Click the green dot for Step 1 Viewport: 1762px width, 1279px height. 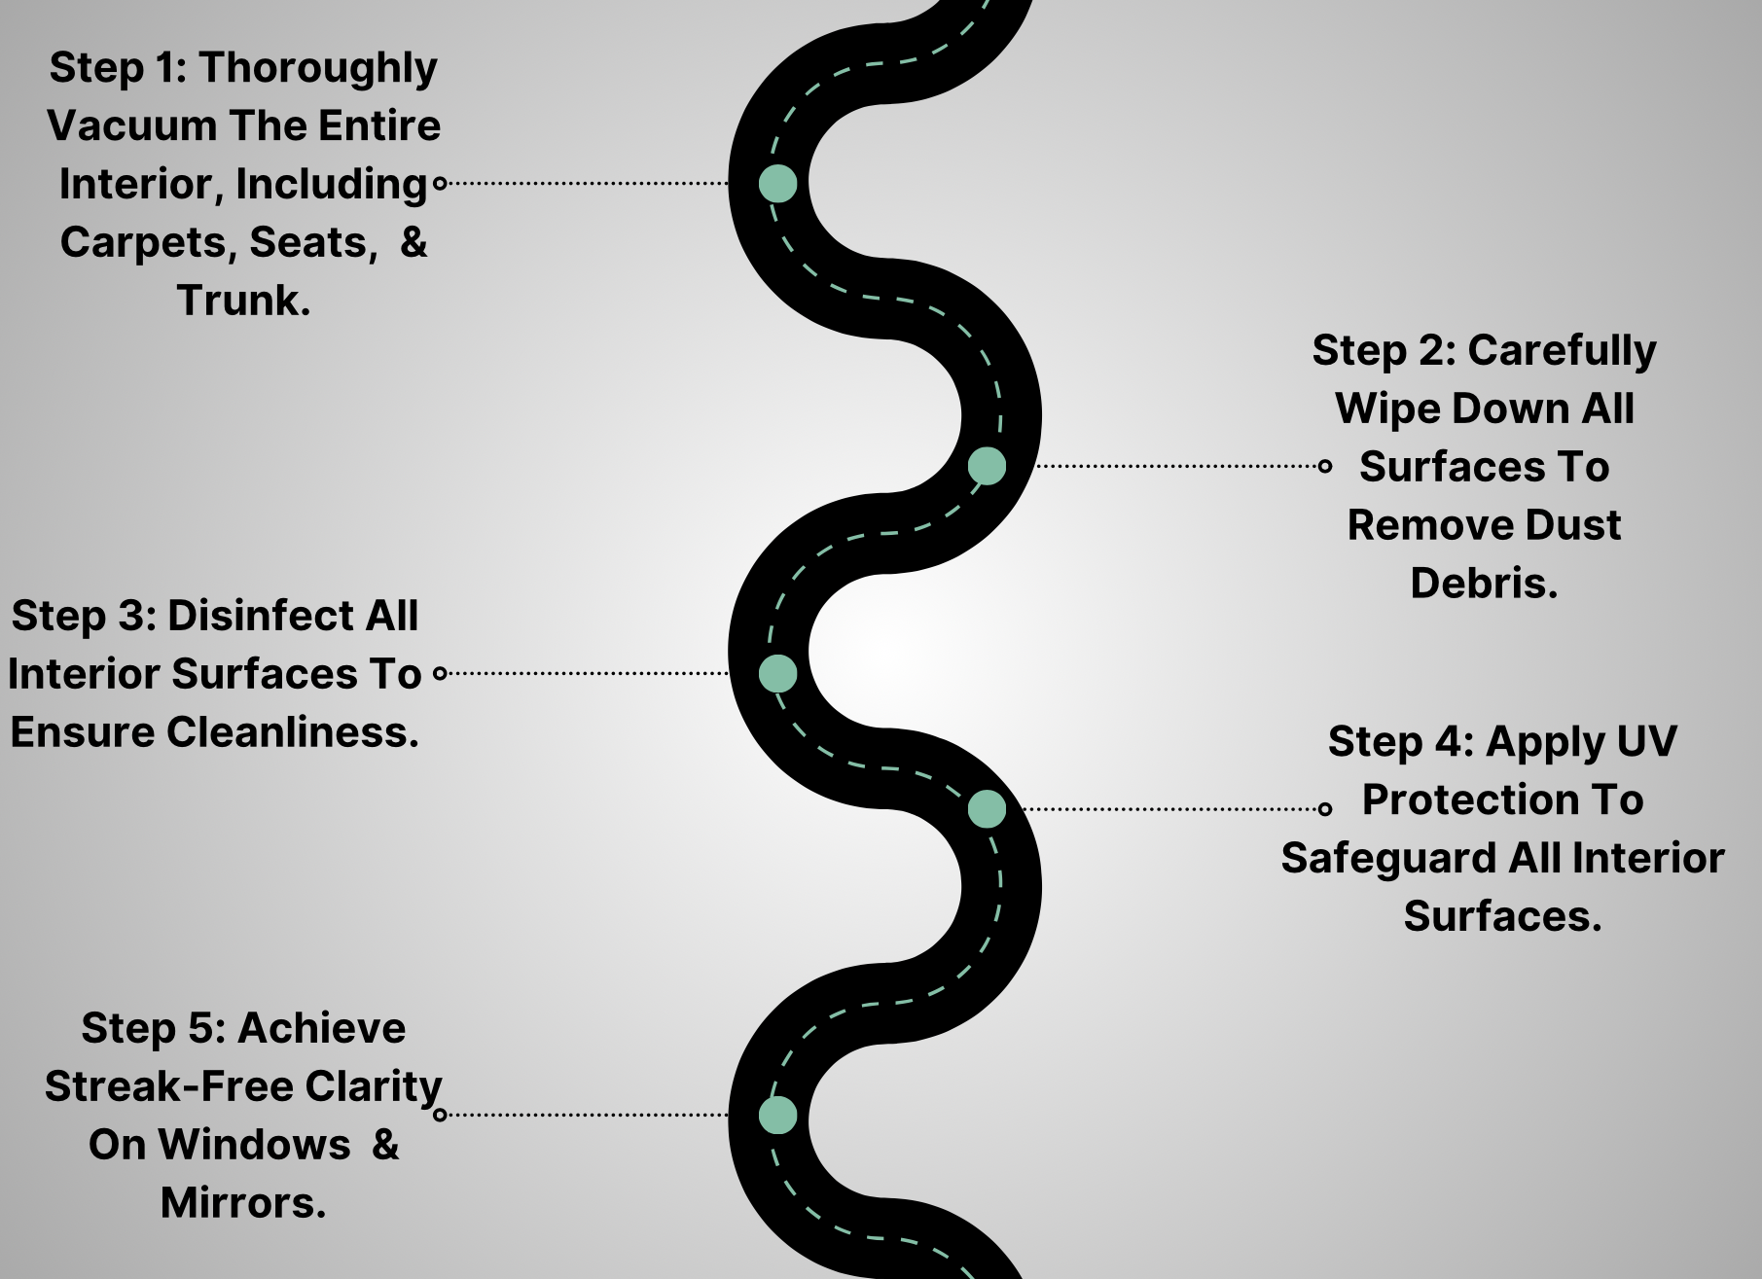(x=777, y=183)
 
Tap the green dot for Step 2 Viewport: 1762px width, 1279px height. (x=987, y=466)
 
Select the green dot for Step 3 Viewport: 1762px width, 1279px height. (x=777, y=673)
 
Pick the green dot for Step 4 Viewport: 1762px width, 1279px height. (x=987, y=808)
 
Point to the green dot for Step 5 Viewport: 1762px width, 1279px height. (x=777, y=1116)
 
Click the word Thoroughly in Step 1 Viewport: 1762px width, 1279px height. (x=318, y=69)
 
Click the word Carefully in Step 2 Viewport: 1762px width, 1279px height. (x=1562, y=351)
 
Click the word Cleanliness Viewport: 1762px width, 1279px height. (x=293, y=732)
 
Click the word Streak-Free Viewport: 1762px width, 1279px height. (x=168, y=1087)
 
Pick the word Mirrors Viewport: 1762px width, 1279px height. (x=243, y=1203)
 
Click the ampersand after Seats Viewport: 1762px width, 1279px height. (x=414, y=242)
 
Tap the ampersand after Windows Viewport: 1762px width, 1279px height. (x=385, y=1145)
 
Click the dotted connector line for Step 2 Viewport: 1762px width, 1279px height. (x=1177, y=466)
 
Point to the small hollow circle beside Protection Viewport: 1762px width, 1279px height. (x=1324, y=808)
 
